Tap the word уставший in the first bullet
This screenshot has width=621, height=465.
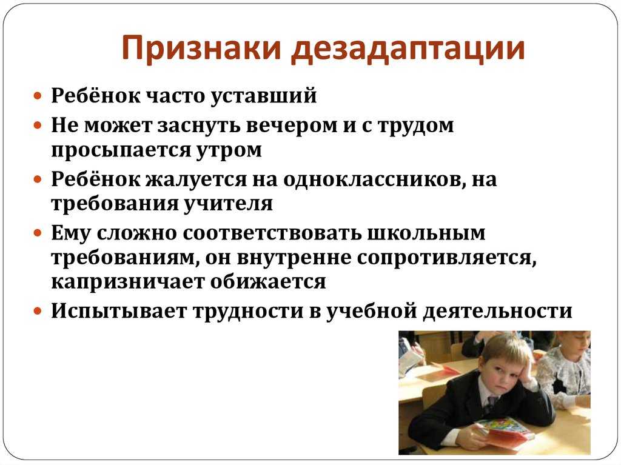(x=263, y=96)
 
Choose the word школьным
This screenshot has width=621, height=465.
(x=426, y=233)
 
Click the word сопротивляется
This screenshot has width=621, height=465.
(x=447, y=258)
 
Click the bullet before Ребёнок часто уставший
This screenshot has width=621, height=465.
(x=38, y=96)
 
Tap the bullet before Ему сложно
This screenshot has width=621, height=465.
(x=38, y=233)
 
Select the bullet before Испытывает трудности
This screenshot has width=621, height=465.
(x=38, y=311)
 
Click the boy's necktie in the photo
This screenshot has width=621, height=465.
(x=490, y=404)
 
